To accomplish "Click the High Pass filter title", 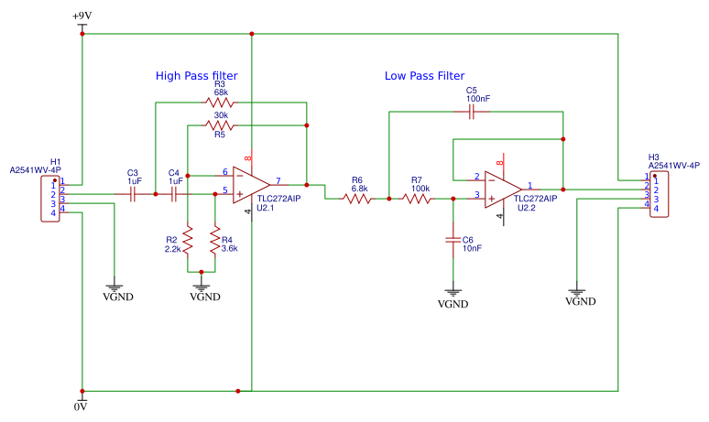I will point(196,75).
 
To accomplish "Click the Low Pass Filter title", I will point(424,76).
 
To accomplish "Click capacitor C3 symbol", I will point(134,193).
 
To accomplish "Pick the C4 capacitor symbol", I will point(174,193).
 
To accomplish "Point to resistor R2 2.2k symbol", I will point(188,242).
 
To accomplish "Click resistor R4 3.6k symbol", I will point(215,242).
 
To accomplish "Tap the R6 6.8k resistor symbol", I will point(357,196).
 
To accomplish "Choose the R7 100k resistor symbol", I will point(420,196).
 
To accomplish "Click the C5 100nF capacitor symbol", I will point(471,112).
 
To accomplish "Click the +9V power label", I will point(82,16).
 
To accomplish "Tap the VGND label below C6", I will point(453,304).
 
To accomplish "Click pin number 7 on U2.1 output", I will point(278,179).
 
